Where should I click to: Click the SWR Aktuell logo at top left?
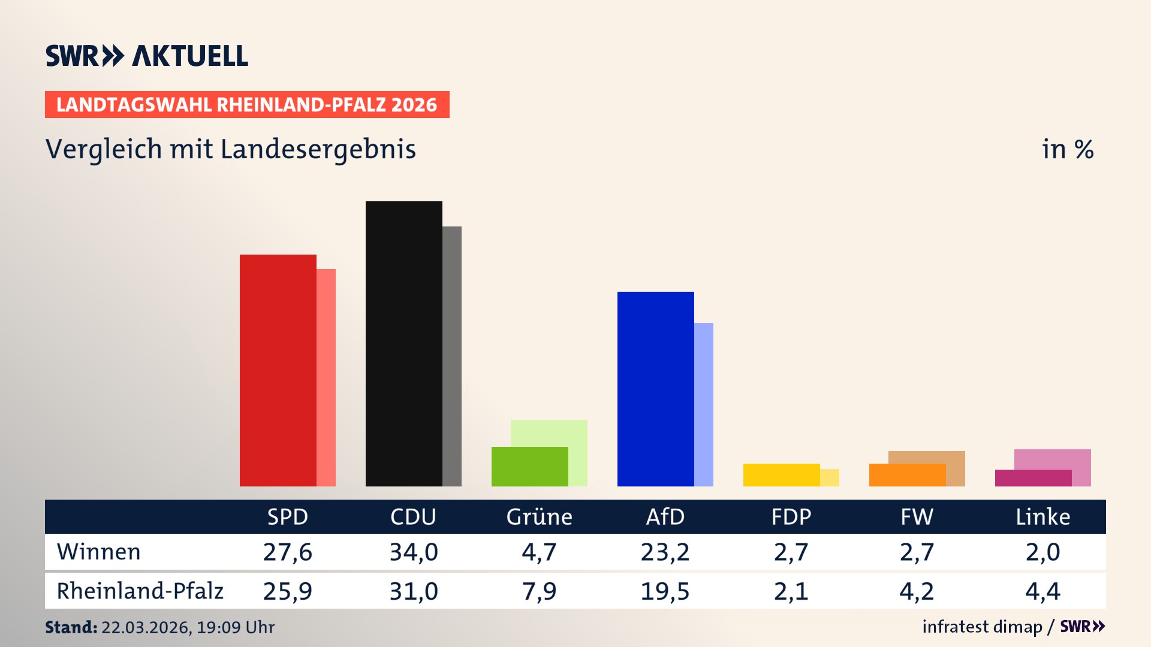coord(146,56)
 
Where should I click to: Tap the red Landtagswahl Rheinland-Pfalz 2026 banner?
coord(247,105)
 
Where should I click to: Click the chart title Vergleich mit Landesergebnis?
coord(230,149)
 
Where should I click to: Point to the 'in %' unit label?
coord(1067,150)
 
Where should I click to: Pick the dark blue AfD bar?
coord(655,389)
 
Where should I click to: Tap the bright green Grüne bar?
coord(529,467)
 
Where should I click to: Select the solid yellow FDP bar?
coord(781,475)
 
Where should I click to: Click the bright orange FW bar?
coord(907,475)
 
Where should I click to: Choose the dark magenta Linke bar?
coord(1033,478)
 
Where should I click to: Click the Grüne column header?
coord(539,517)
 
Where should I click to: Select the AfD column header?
coord(665,517)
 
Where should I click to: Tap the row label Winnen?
coord(99,552)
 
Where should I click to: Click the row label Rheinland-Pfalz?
coord(140,591)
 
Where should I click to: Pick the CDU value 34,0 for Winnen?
coord(414,552)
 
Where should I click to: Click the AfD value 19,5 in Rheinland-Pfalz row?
coord(665,591)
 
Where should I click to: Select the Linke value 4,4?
coord(1042,591)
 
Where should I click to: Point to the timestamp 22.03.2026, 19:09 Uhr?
coord(188,627)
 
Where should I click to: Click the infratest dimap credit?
coord(982,627)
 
